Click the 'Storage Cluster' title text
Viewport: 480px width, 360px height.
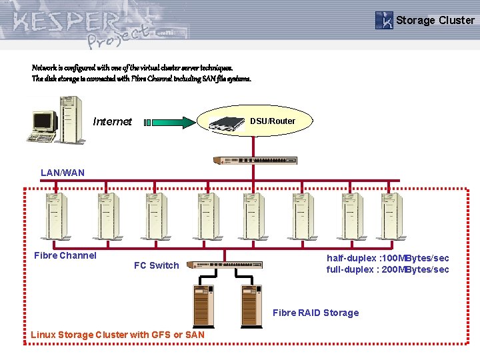[435, 20]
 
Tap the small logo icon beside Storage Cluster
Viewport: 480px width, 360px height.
[384, 20]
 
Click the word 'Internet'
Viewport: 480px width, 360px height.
[113, 121]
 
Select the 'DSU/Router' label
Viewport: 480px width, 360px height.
[272, 121]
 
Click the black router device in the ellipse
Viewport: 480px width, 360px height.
[227, 124]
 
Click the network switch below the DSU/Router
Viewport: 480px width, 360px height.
[255, 161]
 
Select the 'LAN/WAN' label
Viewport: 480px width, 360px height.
[63, 173]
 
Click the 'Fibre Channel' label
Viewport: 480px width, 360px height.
[65, 255]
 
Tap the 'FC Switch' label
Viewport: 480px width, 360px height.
[157, 265]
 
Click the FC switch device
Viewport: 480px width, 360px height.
[225, 265]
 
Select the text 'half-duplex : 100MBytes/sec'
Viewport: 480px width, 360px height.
[387, 258]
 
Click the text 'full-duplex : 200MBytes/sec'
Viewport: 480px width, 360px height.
[387, 269]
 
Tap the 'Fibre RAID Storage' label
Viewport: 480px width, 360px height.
[315, 313]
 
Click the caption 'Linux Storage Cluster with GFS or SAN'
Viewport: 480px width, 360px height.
[117, 335]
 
